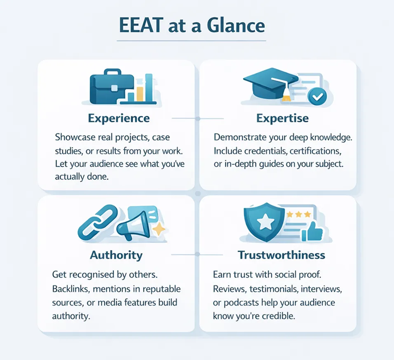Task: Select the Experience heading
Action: coord(119,119)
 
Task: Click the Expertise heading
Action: coord(282,119)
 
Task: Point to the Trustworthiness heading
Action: coord(281,255)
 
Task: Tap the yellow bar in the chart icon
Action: coord(139,94)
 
